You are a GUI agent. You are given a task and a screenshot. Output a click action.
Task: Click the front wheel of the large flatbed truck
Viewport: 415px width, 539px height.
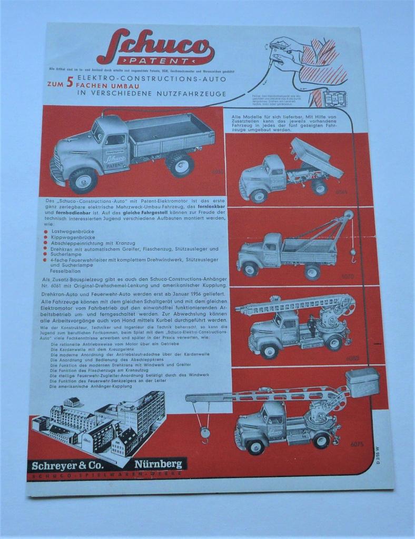point(83,179)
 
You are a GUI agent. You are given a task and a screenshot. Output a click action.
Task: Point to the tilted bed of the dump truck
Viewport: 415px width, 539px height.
point(316,158)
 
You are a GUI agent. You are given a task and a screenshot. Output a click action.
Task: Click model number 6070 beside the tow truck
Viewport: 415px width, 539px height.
point(348,275)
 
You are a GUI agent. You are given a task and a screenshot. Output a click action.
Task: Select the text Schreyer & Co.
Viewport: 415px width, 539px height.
point(67,465)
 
